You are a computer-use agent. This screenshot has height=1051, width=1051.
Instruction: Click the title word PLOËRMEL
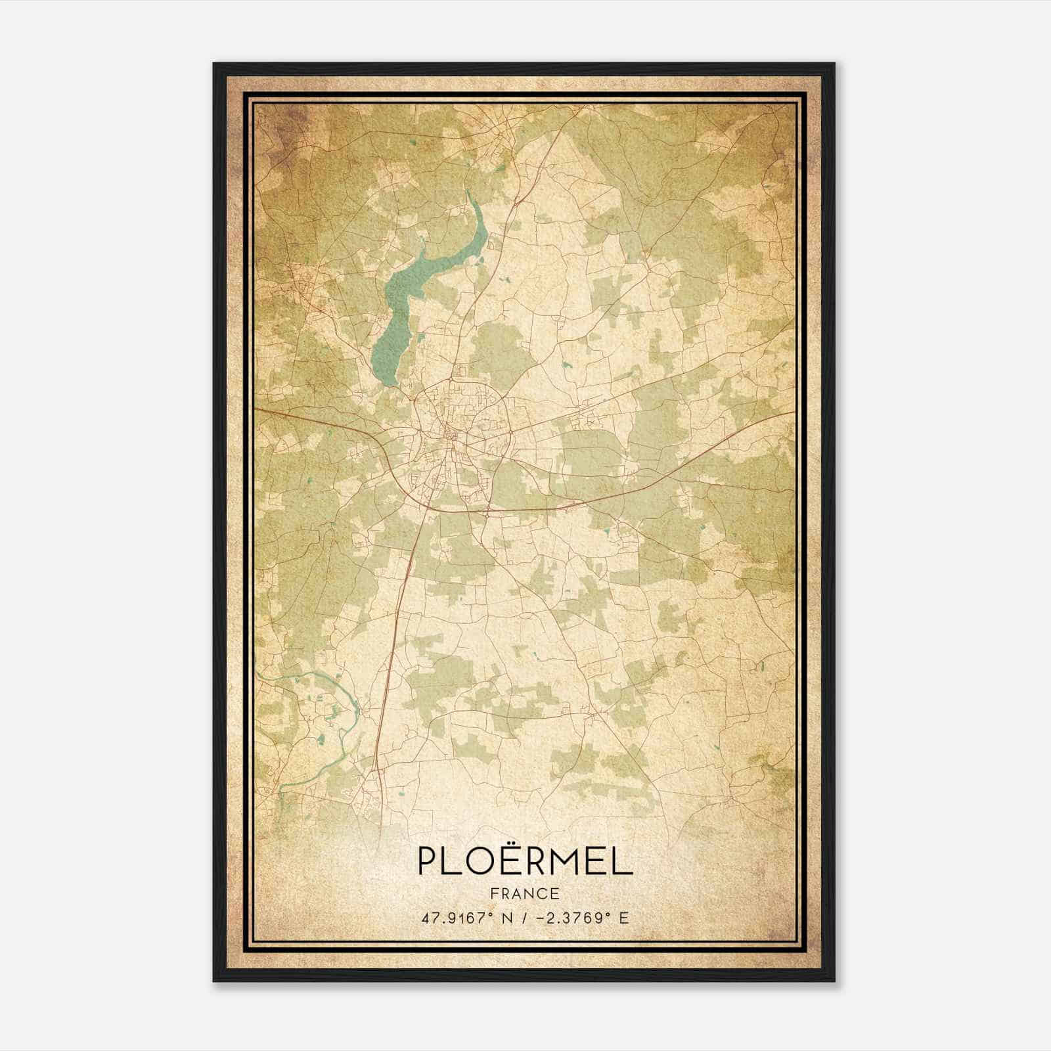click(524, 862)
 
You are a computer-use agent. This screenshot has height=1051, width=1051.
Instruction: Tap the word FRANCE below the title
click(524, 894)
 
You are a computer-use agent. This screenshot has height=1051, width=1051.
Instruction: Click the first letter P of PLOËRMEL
click(427, 862)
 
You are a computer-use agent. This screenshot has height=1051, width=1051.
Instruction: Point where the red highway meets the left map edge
click(256, 409)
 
